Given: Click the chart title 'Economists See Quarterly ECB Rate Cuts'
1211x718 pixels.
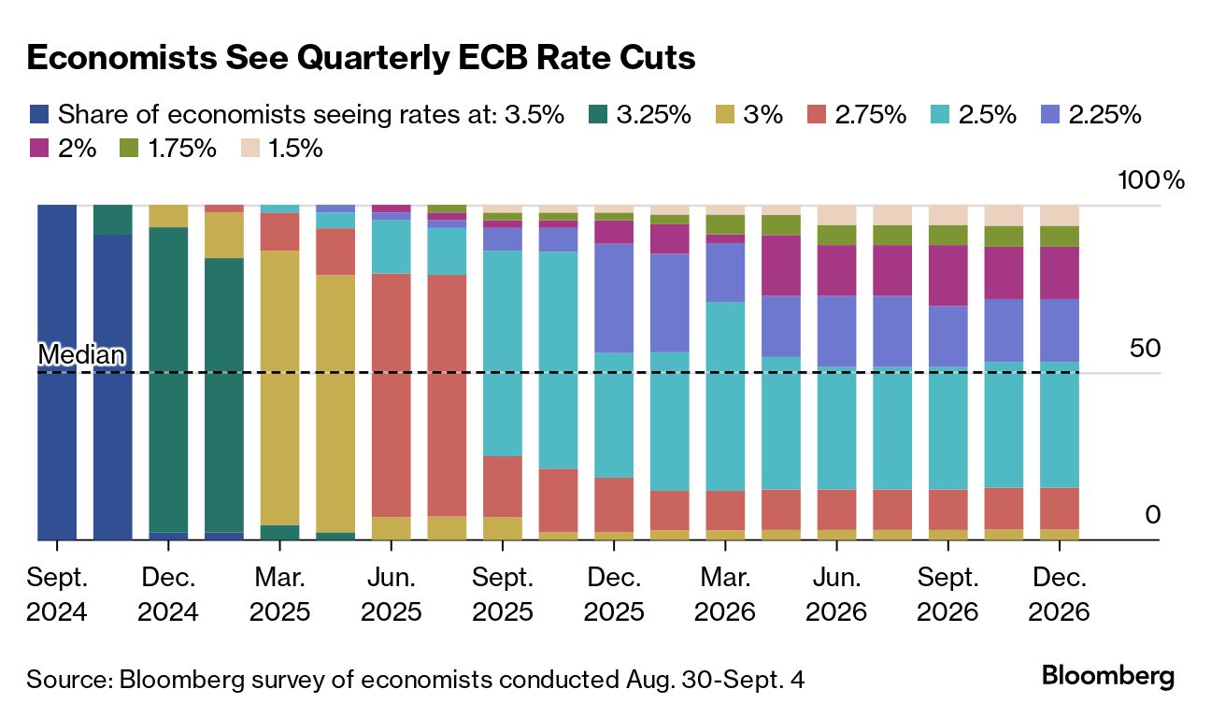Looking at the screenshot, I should pos(361,58).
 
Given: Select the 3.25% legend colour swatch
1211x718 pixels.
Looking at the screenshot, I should pos(598,115).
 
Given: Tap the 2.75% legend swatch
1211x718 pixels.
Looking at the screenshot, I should pos(818,115).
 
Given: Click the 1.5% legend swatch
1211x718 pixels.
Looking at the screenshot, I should pos(249,148).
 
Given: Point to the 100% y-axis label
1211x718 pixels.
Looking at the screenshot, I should pos(1151,180).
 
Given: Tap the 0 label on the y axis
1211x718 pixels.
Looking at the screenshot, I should pos(1152,515).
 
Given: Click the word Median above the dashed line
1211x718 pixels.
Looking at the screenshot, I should pos(80,355).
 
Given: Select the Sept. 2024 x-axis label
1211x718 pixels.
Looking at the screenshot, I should pos(56,595).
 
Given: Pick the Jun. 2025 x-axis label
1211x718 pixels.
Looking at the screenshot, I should pos(392,595).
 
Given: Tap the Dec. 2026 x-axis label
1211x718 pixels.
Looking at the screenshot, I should pos(1059,595).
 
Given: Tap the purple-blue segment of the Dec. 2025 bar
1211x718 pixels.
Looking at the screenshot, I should pos(615,297).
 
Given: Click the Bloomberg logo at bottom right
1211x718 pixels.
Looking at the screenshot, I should pos(1107,676).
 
